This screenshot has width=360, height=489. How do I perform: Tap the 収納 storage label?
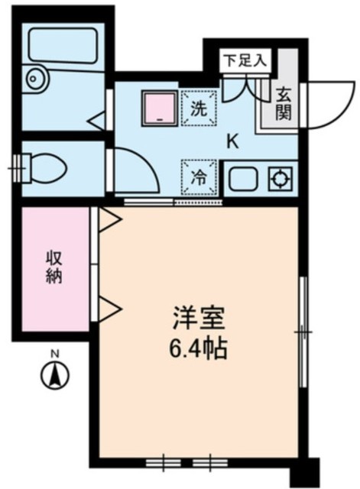tap(53, 267)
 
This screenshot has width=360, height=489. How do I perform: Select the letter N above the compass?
tap(54, 354)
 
